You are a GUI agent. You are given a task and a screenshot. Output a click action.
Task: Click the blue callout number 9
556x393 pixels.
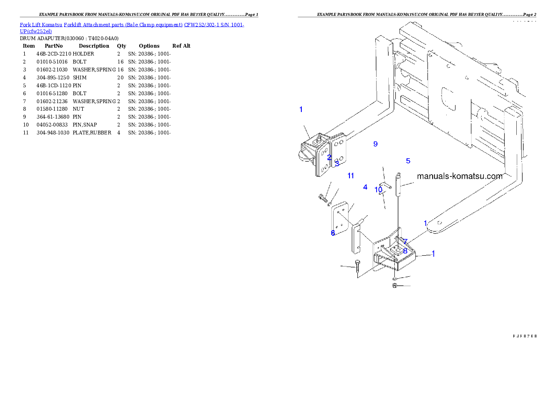tap(375, 144)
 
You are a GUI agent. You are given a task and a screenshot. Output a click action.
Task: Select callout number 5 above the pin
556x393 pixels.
tap(408, 161)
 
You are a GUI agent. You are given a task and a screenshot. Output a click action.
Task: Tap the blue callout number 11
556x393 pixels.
tap(350, 176)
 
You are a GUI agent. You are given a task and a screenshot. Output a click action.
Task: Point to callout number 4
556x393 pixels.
tap(365, 187)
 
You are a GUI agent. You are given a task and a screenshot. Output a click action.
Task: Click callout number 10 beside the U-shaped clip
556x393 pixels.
tap(378, 190)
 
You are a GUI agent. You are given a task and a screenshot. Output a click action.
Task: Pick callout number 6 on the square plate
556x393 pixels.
tap(333, 233)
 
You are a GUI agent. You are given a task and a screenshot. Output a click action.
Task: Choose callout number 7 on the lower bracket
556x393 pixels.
tap(405, 242)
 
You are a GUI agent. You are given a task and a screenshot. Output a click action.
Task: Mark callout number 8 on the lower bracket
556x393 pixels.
tap(405, 251)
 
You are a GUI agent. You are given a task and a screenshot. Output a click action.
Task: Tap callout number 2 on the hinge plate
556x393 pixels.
tap(329, 158)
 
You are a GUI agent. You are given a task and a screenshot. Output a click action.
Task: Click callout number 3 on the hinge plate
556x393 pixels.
tap(337, 164)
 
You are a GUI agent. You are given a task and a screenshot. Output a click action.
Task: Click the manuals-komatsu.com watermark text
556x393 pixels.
tap(459, 176)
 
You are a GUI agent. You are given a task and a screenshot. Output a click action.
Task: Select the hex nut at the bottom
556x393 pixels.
tap(395, 286)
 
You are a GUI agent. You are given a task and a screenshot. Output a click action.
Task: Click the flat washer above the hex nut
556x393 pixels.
tap(395, 279)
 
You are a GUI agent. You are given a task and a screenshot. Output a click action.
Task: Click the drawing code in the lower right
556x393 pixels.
tap(525, 335)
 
